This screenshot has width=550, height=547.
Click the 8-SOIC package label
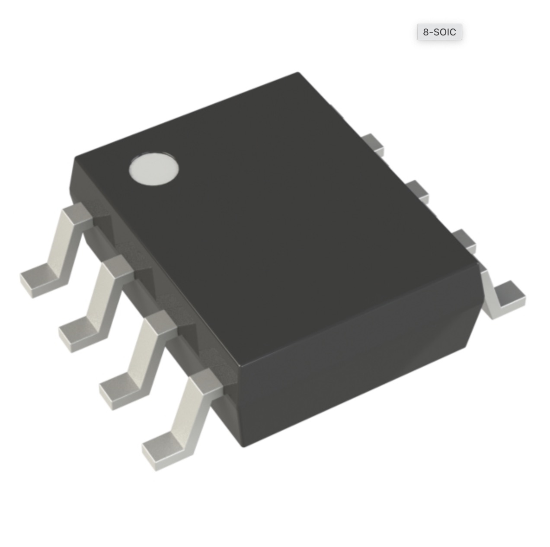click(440, 32)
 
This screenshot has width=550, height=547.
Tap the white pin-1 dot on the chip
click(154, 170)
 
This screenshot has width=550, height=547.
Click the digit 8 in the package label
click(426, 32)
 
